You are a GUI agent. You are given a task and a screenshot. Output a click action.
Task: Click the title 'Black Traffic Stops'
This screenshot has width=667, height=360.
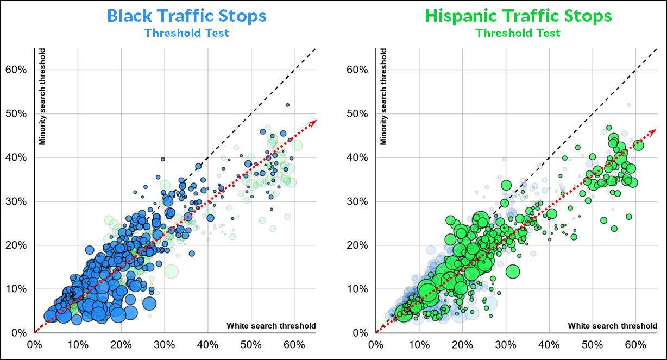(x=187, y=15)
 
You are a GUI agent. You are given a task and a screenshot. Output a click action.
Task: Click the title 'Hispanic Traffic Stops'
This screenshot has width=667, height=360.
(x=518, y=15)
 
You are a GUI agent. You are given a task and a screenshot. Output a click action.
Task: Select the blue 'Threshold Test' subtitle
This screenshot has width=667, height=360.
(x=187, y=33)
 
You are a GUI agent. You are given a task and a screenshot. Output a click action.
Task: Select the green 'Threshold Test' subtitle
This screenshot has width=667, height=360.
(x=518, y=33)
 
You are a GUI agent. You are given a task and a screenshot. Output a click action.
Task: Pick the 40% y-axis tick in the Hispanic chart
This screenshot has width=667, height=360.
(x=359, y=157)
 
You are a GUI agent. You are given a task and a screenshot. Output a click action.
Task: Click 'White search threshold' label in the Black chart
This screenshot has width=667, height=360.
(x=270, y=326)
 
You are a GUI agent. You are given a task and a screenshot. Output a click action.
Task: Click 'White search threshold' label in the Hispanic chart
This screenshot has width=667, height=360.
(x=612, y=326)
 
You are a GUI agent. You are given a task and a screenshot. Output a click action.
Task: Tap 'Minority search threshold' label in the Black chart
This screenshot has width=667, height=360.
(x=41, y=98)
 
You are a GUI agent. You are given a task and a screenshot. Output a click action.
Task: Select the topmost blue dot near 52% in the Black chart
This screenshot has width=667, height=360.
(x=287, y=105)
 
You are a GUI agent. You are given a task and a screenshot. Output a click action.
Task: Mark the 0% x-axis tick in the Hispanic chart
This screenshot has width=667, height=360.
(x=375, y=344)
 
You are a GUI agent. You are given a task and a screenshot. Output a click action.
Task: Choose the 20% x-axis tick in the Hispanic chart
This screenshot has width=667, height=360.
(x=462, y=344)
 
